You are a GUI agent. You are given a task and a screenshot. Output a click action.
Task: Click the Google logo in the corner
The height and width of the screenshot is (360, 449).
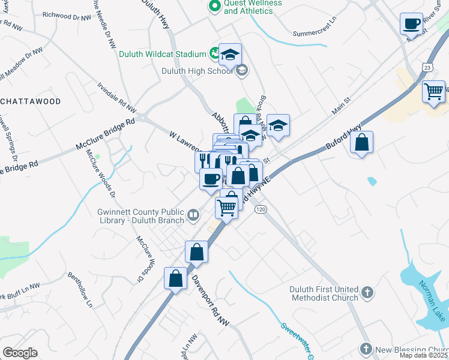20,353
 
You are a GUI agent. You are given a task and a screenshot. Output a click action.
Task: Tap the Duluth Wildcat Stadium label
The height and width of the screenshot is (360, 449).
162,54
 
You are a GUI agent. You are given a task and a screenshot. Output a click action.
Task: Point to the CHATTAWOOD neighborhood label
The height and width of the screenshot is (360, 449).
31,101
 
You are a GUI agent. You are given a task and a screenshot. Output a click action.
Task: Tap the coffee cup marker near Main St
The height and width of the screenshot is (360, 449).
412,24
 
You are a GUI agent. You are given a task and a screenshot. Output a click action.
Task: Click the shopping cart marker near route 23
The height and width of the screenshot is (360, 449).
433,92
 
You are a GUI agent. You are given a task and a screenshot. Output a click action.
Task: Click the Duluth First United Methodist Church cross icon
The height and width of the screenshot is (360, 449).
367,293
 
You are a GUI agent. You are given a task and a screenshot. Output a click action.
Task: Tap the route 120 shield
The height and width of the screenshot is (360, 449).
260,209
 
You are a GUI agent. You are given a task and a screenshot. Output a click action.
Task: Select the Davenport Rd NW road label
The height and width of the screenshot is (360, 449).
211,301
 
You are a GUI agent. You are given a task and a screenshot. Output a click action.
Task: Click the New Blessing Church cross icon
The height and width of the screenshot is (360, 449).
366,349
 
